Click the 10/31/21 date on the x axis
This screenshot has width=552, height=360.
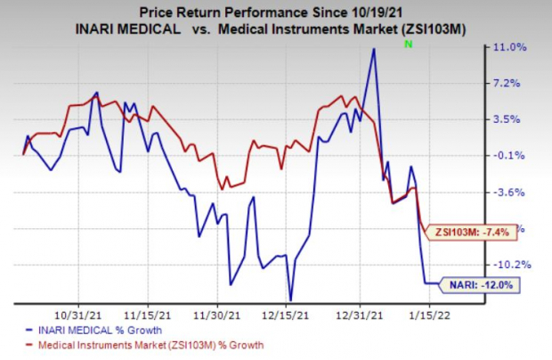click(x=77, y=315)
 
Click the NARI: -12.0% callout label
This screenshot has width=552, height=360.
click(x=477, y=284)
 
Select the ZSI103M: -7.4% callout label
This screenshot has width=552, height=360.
click(x=470, y=232)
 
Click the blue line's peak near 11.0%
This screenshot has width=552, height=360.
click(x=374, y=49)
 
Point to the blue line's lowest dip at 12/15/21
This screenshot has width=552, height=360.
click(x=291, y=300)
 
